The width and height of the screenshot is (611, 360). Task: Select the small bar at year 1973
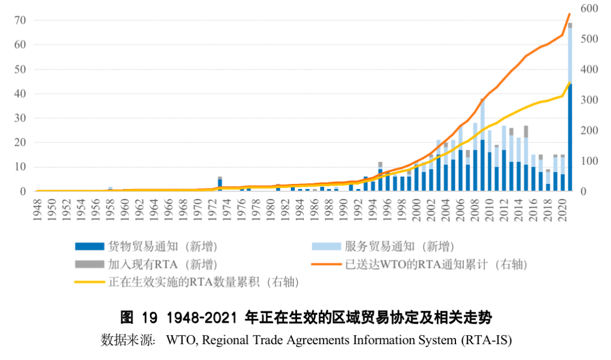point(220,185)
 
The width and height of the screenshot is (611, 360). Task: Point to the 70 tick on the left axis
point(20,20)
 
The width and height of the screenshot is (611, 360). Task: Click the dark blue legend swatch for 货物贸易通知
point(89,246)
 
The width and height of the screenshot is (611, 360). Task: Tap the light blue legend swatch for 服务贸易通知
point(326,246)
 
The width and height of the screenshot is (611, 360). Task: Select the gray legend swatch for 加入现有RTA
point(89,264)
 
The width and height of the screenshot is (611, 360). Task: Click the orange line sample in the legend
point(326,264)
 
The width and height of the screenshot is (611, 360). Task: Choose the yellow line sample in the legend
point(89,282)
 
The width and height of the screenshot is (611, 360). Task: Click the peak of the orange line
point(570,14)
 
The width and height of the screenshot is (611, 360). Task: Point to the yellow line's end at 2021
point(570,83)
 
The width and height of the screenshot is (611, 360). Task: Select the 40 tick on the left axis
point(20,94)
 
